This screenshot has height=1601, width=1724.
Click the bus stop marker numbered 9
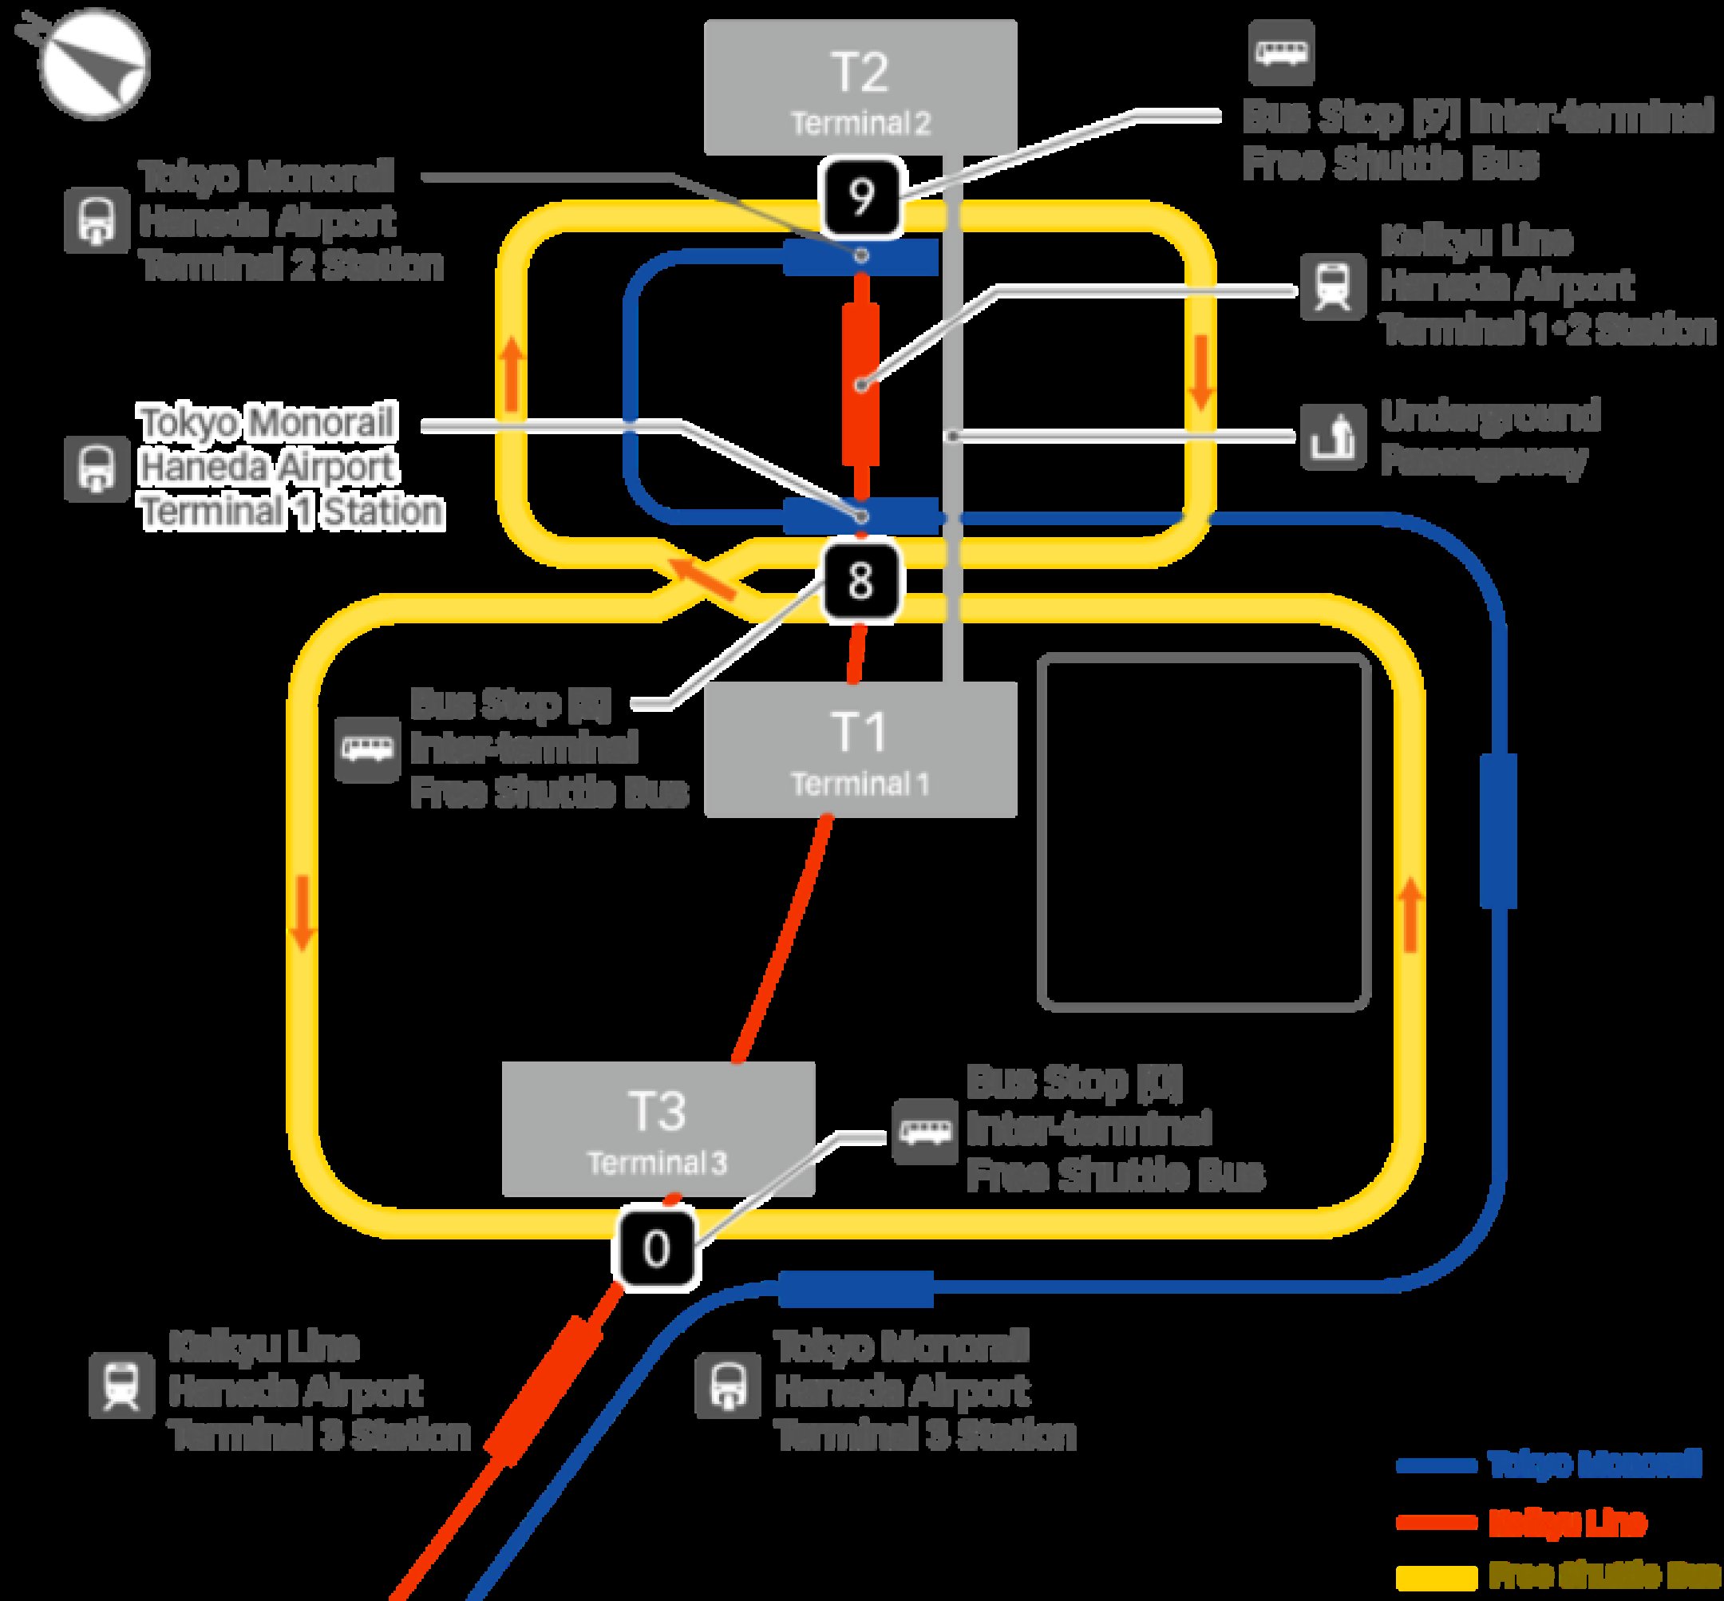tap(860, 199)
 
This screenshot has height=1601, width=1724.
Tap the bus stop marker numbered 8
tap(860, 579)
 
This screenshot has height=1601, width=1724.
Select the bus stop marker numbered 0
tap(656, 1248)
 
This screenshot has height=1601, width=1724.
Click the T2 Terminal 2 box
tap(860, 88)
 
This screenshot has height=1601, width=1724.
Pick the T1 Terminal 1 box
tap(860, 749)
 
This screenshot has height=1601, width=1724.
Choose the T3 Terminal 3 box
tap(658, 1129)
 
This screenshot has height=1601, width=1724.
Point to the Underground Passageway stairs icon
tap(1331, 437)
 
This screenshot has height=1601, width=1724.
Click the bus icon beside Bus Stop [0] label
tap(924, 1132)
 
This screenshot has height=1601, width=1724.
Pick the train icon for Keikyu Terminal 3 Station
tap(122, 1386)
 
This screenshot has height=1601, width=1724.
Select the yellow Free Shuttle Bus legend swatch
tap(1436, 1577)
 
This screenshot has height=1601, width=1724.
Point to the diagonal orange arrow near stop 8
tap(707, 579)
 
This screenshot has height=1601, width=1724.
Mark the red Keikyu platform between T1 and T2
tap(860, 384)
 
